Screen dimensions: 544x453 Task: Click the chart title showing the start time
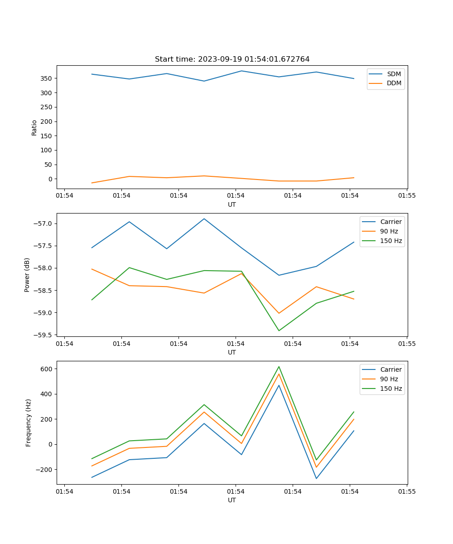(232, 59)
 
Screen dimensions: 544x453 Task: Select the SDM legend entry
(394, 74)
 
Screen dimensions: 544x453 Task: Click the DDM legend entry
(394, 83)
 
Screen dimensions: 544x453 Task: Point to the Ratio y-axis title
(34, 127)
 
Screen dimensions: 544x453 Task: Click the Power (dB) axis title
(28, 275)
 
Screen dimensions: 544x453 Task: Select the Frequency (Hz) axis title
(29, 423)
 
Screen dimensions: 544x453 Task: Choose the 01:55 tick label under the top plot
(407, 196)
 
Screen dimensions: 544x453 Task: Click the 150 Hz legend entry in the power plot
(391, 241)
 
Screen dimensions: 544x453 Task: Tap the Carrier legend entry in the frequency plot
(390, 369)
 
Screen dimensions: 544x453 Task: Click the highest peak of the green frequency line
(279, 366)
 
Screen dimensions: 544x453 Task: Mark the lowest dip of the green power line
(279, 330)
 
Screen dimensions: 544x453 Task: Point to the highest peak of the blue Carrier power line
(204, 219)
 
